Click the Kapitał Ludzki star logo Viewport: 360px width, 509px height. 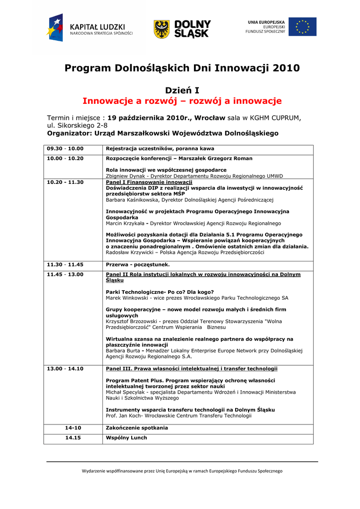55,28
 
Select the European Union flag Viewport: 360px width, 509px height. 302,27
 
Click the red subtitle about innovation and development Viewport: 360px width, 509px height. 182,101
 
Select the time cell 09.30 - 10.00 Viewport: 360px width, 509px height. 65,149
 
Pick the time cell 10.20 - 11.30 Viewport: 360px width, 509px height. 65,182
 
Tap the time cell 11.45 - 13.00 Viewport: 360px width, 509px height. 65,274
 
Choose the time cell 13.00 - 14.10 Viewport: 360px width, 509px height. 65,369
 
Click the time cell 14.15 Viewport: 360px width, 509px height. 73,438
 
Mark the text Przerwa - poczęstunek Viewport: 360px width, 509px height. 138,265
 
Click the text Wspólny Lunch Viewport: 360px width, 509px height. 126,438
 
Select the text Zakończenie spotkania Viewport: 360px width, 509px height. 137,428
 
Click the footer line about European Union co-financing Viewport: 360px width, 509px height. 182,471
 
